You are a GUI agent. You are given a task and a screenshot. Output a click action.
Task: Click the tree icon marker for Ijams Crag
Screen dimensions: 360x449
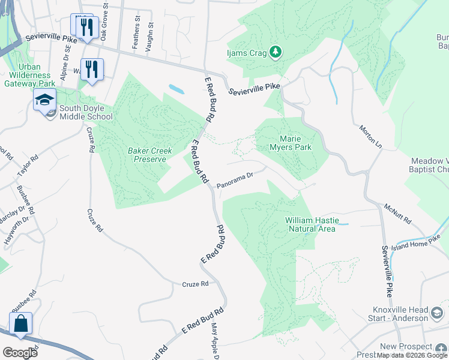[276, 52]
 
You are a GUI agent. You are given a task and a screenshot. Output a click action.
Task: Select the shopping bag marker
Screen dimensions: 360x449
[20, 323]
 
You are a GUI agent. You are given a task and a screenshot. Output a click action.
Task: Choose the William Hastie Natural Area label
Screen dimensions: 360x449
[312, 224]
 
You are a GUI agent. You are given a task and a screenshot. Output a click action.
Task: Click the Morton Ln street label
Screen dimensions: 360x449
[370, 137]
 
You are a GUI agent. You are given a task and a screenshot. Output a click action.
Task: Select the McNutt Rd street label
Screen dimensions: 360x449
[397, 214]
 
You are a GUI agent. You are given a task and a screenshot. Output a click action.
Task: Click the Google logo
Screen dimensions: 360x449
[20, 353]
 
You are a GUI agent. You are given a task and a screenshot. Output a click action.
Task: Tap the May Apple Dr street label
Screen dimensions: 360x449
[215, 342]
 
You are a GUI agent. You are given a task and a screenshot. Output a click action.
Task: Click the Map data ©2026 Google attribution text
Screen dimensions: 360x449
[412, 355]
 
